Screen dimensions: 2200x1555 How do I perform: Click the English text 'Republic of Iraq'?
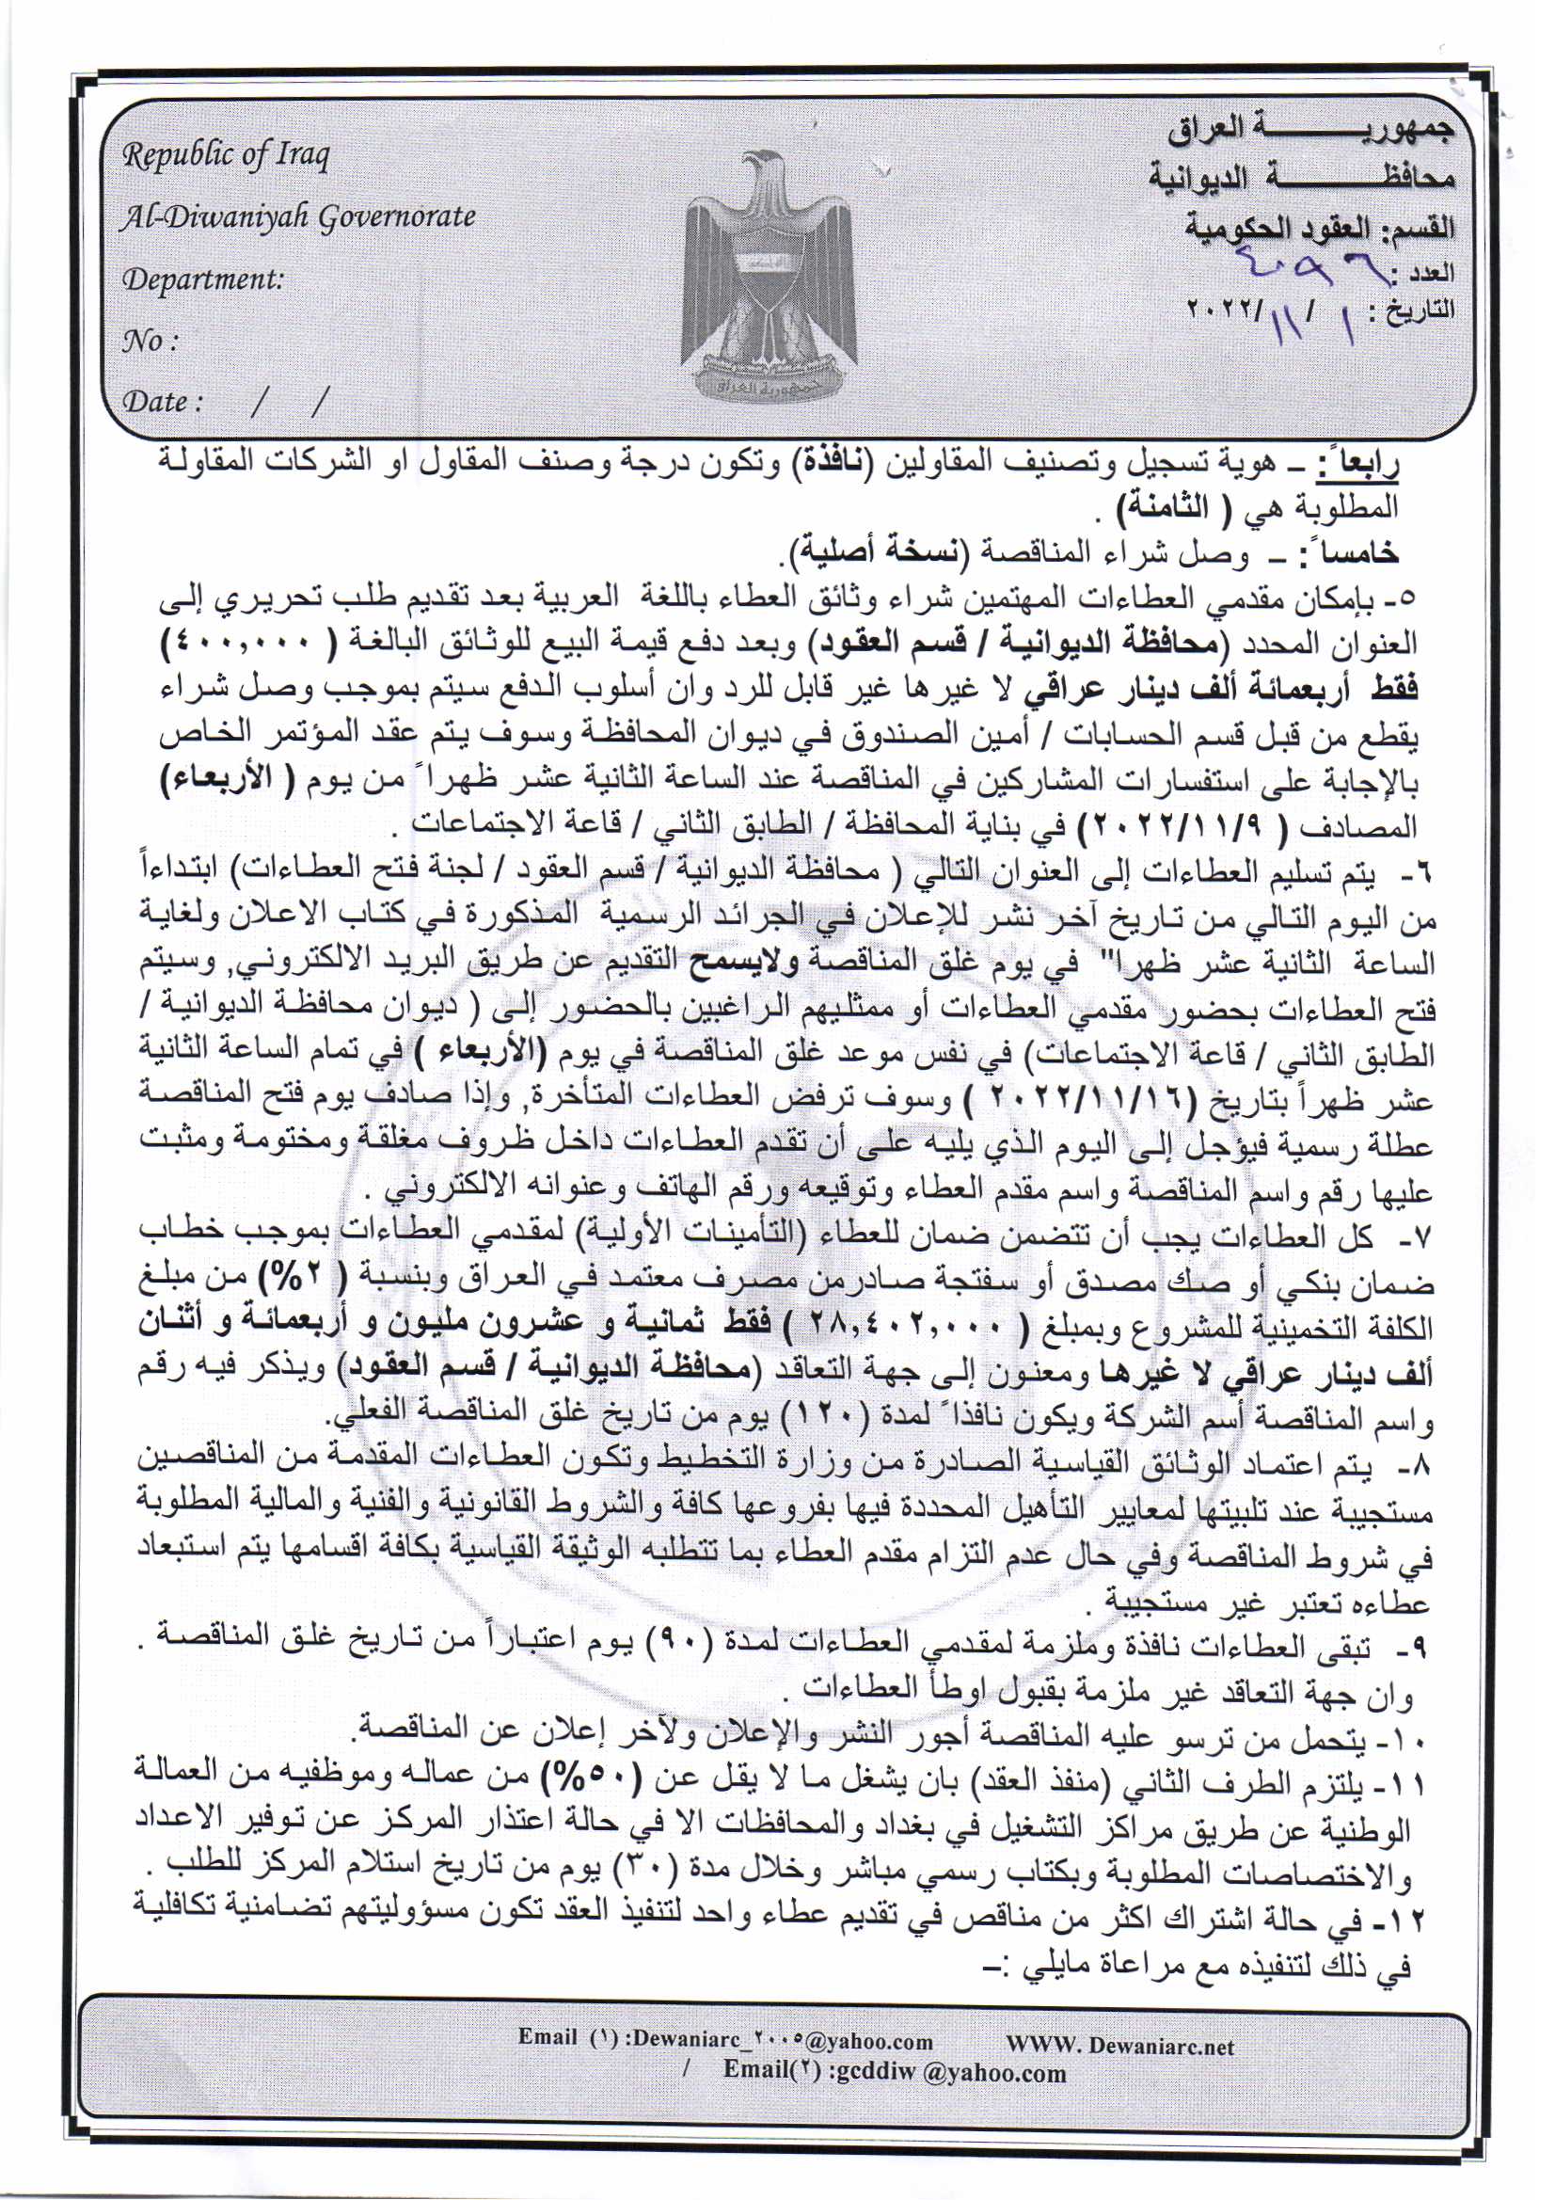click(225, 155)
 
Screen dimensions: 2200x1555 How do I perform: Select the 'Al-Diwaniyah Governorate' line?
click(297, 217)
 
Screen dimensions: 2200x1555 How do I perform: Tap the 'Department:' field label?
click(203, 279)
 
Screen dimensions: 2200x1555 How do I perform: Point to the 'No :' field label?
click(151, 342)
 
